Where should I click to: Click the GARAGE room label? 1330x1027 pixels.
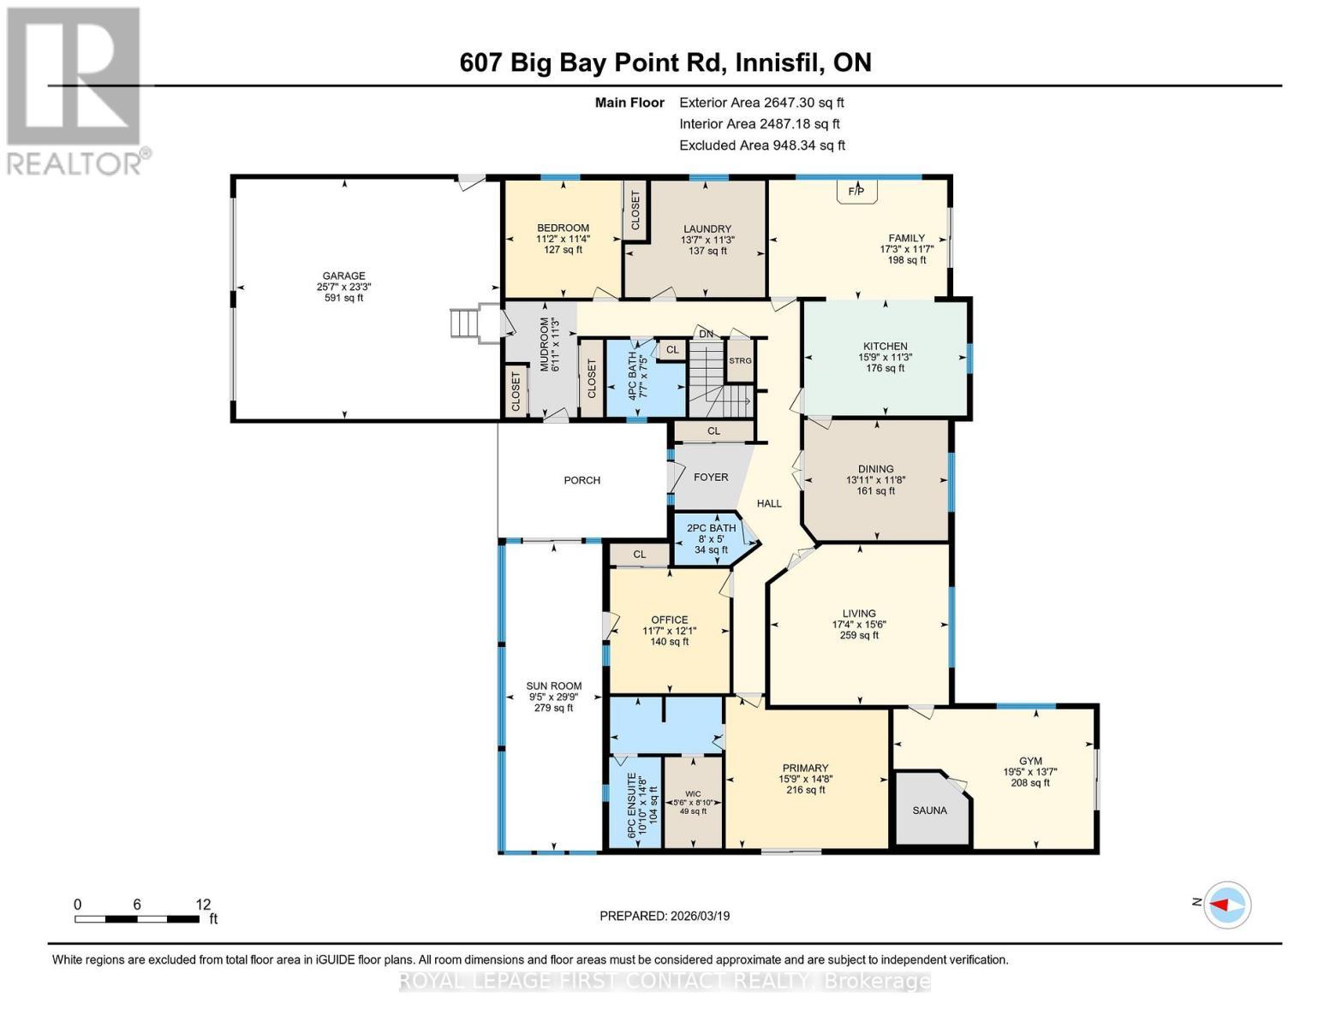tap(343, 276)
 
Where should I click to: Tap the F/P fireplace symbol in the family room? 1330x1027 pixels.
tap(856, 192)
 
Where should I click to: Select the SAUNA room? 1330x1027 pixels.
tap(929, 810)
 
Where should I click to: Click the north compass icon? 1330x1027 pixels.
tap(1227, 904)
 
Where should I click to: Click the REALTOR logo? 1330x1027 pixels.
tap(75, 90)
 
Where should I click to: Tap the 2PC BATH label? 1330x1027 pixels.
tap(711, 528)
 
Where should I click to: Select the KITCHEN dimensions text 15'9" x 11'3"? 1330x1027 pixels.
tap(885, 358)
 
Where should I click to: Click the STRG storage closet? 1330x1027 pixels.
tap(740, 361)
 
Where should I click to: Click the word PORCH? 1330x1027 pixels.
tap(582, 480)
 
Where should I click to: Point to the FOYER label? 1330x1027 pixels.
tap(711, 477)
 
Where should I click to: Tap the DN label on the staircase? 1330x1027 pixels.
tap(706, 334)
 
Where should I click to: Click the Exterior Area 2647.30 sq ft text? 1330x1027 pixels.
tap(761, 102)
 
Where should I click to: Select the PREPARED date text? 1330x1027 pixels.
tap(665, 916)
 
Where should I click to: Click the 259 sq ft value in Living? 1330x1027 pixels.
tap(859, 636)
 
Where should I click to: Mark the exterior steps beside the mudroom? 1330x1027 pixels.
tap(463, 324)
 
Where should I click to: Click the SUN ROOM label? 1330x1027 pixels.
tap(553, 686)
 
